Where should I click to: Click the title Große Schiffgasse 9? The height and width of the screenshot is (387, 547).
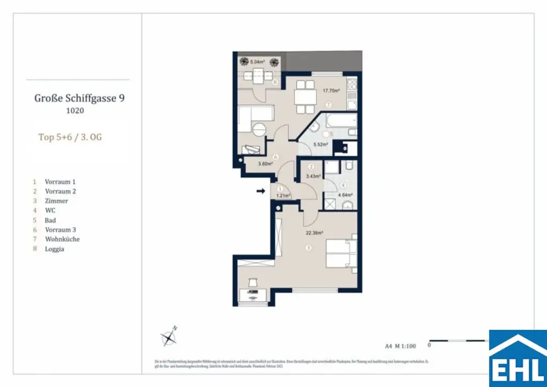click(80, 98)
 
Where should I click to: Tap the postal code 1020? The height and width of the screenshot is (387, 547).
click(75, 111)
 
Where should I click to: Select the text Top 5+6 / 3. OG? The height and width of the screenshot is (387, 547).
click(70, 137)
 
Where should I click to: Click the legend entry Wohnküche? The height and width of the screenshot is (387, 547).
click(62, 239)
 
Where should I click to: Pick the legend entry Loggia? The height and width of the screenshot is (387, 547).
click(54, 249)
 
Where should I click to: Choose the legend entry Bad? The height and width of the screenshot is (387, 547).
click(50, 220)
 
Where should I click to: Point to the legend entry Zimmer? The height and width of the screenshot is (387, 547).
click(56, 201)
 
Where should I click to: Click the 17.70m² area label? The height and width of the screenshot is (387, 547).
click(331, 91)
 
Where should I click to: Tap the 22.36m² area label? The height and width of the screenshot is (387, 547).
click(315, 233)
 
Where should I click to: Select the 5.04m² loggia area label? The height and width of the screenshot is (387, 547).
click(257, 62)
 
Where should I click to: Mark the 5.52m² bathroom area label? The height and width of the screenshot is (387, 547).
click(321, 145)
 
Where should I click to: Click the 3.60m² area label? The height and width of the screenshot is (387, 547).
click(265, 164)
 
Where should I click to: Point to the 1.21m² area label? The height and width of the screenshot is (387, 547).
click(282, 196)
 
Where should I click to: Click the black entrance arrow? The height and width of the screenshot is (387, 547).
click(261, 190)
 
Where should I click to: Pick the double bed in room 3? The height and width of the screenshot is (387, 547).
click(341, 253)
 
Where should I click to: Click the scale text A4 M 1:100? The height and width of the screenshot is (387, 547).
click(400, 345)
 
